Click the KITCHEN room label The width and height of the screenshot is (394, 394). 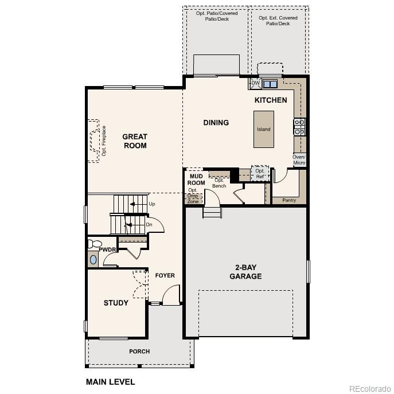click(x=271, y=100)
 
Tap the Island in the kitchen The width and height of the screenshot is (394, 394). click(x=263, y=129)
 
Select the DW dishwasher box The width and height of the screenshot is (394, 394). click(x=256, y=84)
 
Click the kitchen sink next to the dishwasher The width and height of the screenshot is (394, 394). click(x=270, y=84)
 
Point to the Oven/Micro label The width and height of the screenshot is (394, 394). click(x=299, y=160)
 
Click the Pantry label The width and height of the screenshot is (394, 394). click(x=289, y=200)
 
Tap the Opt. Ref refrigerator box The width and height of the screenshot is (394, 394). click(x=260, y=173)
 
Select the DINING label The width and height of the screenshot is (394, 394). click(x=216, y=123)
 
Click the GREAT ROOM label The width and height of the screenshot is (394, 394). click(x=135, y=141)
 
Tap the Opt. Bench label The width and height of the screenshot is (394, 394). click(x=219, y=183)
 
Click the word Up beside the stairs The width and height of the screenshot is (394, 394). click(x=151, y=204)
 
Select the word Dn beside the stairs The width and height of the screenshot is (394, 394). click(x=149, y=224)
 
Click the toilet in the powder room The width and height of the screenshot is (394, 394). click(x=92, y=244)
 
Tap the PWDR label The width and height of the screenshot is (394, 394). click(x=107, y=249)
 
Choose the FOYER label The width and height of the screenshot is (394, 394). click(x=165, y=276)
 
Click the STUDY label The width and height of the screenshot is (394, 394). click(x=116, y=303)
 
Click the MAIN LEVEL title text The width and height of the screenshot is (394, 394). click(x=110, y=381)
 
